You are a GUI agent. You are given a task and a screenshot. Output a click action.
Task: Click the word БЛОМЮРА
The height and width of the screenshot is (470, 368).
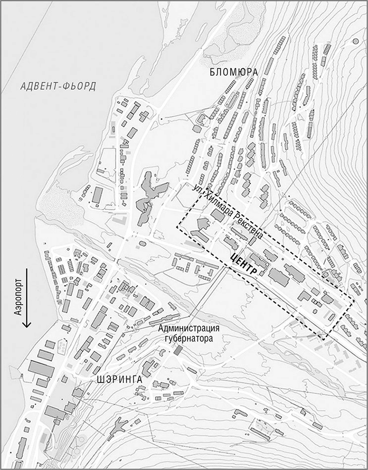(234, 72)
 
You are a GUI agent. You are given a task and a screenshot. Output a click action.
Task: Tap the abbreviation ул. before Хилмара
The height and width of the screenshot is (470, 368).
(198, 189)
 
